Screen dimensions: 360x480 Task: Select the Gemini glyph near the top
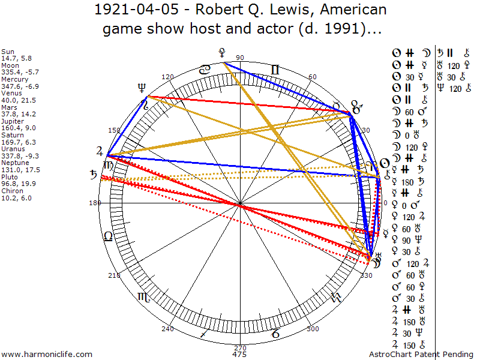[x=275, y=70]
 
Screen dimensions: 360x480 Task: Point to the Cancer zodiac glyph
[x=205, y=70]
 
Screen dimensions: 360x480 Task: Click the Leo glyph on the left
[x=108, y=236]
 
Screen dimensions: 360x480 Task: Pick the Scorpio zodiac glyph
[x=143, y=296]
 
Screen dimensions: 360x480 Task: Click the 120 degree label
[x=167, y=77]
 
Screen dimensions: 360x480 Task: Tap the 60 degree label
[x=313, y=77]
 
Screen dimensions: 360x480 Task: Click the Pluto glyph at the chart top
[x=223, y=52]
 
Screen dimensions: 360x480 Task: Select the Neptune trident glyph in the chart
[x=142, y=87]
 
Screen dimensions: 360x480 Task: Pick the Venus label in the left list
[x=10, y=92]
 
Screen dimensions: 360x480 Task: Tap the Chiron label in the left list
[x=11, y=191]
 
